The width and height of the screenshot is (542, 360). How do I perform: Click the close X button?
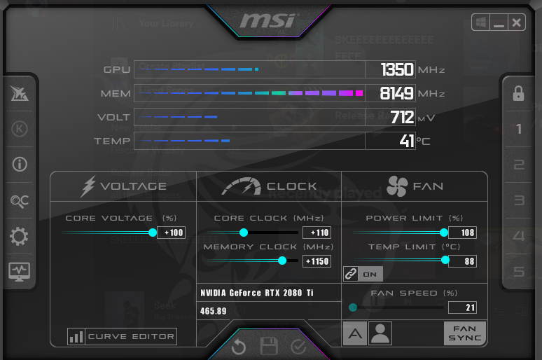coord(517,22)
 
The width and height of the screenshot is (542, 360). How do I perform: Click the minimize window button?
coord(499,22)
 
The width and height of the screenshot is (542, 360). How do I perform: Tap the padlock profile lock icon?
coord(518,93)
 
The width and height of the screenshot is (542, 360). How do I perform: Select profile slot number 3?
coord(519,201)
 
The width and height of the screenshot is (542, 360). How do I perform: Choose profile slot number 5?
coord(519,272)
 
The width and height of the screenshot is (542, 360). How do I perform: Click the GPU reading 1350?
coord(397,70)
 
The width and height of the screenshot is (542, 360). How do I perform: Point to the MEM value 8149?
coord(397,93)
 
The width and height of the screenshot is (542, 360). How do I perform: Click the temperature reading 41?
coord(407,141)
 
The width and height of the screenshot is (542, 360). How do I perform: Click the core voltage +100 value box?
coord(172,233)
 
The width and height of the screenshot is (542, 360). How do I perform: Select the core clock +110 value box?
coord(317,233)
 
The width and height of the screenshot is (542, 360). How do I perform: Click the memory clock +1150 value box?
coord(317,261)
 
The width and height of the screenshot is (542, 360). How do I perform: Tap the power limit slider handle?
coord(444,233)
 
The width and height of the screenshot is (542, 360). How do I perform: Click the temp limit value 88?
coord(462,261)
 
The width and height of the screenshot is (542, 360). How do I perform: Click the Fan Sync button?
coord(464,333)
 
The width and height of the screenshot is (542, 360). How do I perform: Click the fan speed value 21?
coord(462,307)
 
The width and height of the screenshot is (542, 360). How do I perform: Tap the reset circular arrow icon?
coord(239,347)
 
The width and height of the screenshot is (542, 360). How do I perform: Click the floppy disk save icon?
coord(269,347)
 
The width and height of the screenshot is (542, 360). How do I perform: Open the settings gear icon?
coord(19,237)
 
